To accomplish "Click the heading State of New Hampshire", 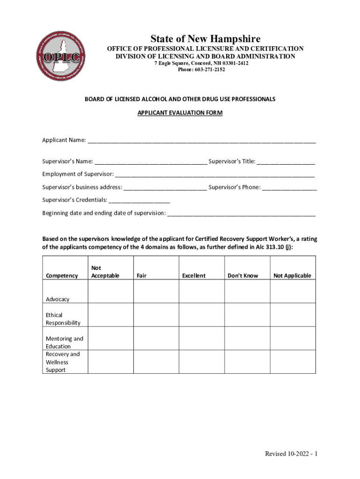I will (205, 39).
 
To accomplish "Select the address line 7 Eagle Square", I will (202, 63).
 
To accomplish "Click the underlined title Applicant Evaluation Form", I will (180, 113).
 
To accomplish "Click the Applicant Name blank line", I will (202, 140).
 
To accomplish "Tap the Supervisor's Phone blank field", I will (289, 188).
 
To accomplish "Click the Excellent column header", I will (194, 276).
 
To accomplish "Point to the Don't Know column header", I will (243, 276).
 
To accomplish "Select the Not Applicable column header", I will (292, 276).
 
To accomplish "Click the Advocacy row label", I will (58, 299).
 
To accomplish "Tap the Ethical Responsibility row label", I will (63, 319).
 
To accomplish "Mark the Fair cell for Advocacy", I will (156, 291).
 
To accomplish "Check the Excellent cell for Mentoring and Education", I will (202, 338).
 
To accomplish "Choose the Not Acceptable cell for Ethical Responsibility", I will (111, 315).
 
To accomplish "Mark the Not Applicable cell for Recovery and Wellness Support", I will (293, 362).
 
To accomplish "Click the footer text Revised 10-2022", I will (291, 454).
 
